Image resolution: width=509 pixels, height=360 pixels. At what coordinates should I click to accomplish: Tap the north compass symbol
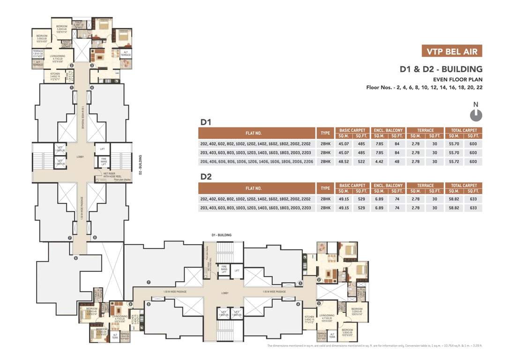tap(476, 114)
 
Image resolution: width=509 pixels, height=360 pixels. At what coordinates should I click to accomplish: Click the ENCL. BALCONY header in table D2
tap(388, 186)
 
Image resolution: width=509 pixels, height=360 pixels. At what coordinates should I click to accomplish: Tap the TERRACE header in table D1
tap(426, 130)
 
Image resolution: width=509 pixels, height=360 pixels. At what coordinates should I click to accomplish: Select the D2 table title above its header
tap(206, 177)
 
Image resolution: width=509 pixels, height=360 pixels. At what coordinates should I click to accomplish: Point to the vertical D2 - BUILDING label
tap(141, 165)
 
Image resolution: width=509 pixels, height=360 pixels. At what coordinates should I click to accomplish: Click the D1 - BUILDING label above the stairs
tap(222, 235)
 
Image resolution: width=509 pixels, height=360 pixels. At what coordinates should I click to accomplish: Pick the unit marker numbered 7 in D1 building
tap(149, 282)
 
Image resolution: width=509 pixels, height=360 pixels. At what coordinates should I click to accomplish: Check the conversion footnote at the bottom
tap(374, 346)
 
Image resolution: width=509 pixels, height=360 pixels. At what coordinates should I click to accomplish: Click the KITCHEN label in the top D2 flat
tap(52, 75)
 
